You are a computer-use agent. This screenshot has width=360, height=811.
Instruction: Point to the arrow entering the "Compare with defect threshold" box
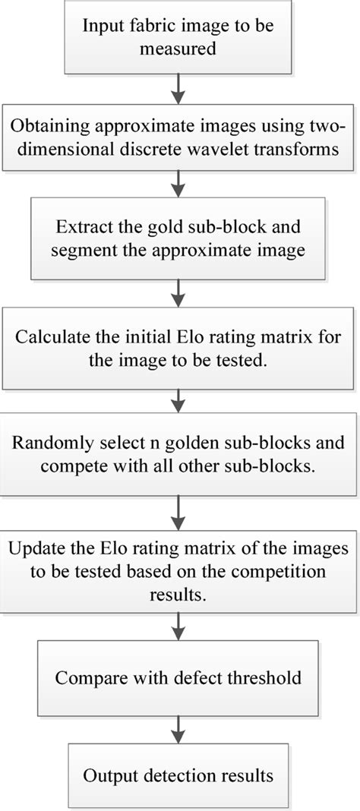(179, 627)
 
